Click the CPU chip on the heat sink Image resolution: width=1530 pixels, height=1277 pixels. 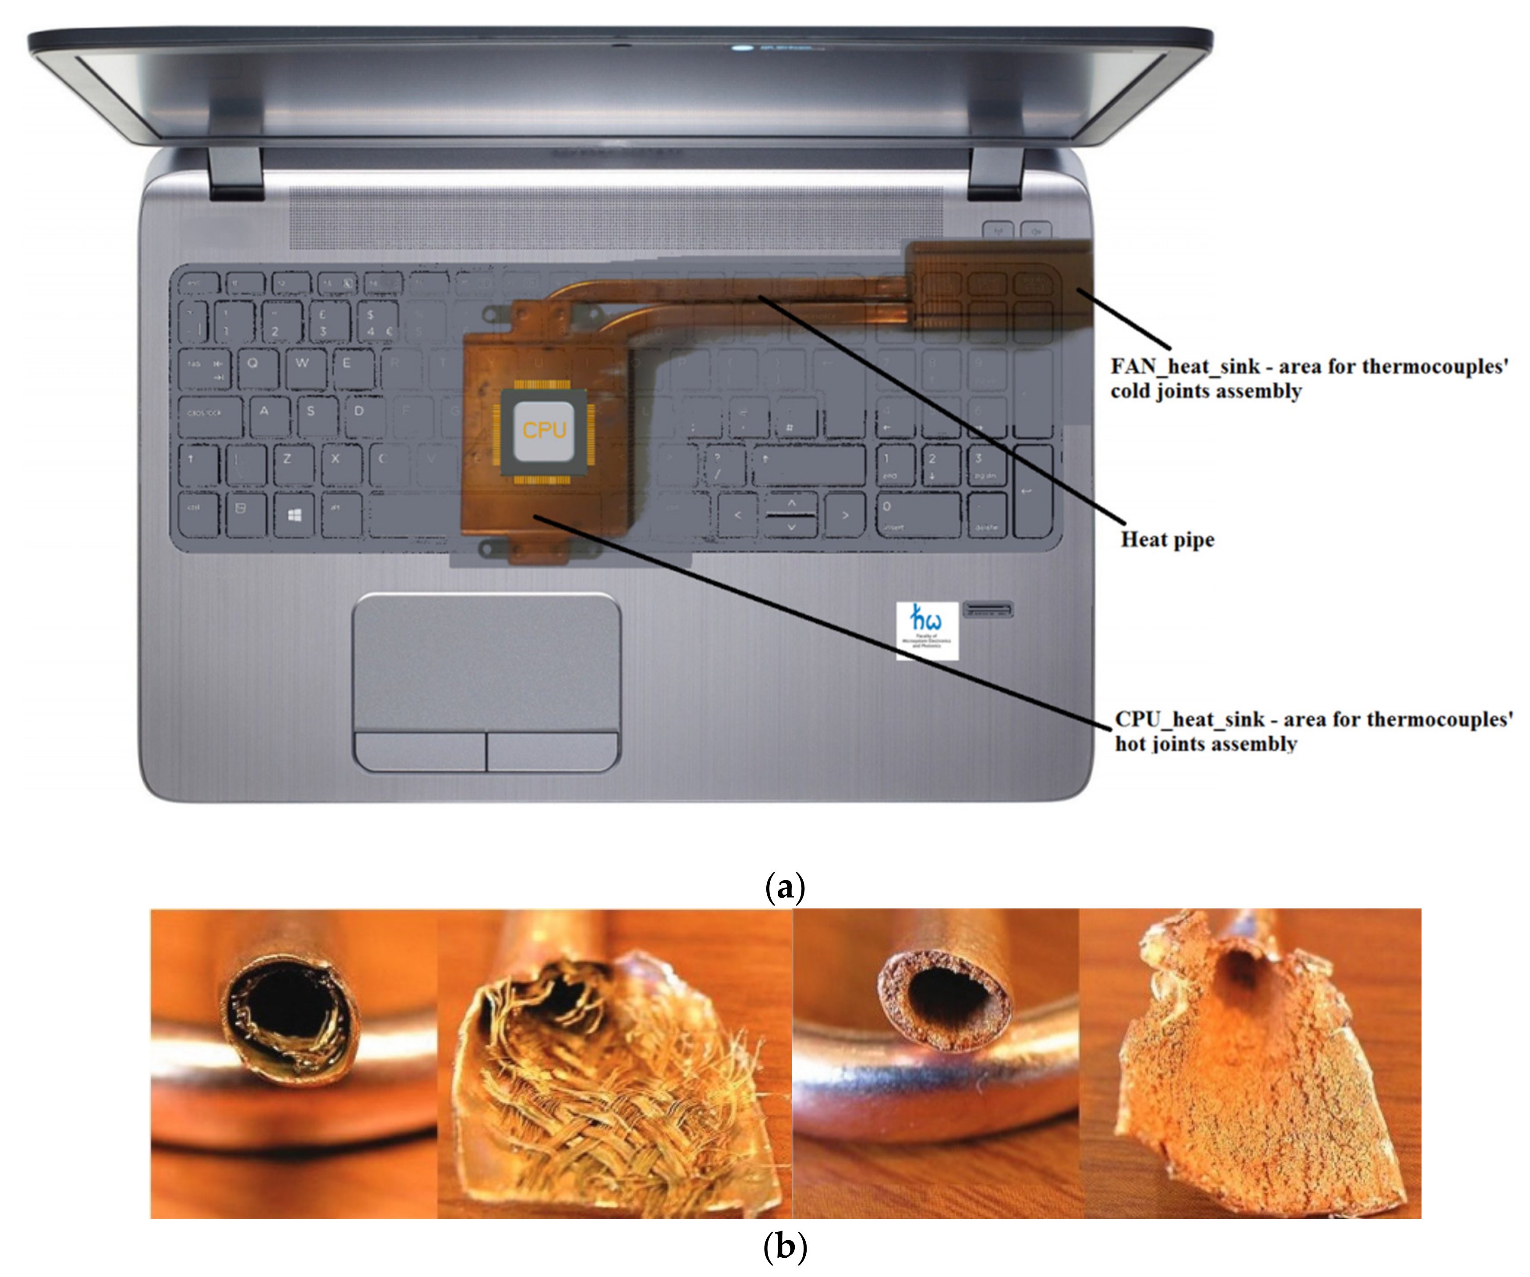(x=544, y=431)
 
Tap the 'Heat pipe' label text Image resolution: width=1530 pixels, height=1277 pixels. (x=1167, y=540)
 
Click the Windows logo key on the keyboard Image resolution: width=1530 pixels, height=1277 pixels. (x=294, y=515)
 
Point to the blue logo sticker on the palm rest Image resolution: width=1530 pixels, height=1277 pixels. (x=927, y=630)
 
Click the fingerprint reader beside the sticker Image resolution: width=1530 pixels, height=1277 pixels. (x=987, y=608)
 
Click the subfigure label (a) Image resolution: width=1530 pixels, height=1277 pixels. (x=785, y=887)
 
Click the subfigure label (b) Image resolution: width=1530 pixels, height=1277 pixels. (x=785, y=1246)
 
